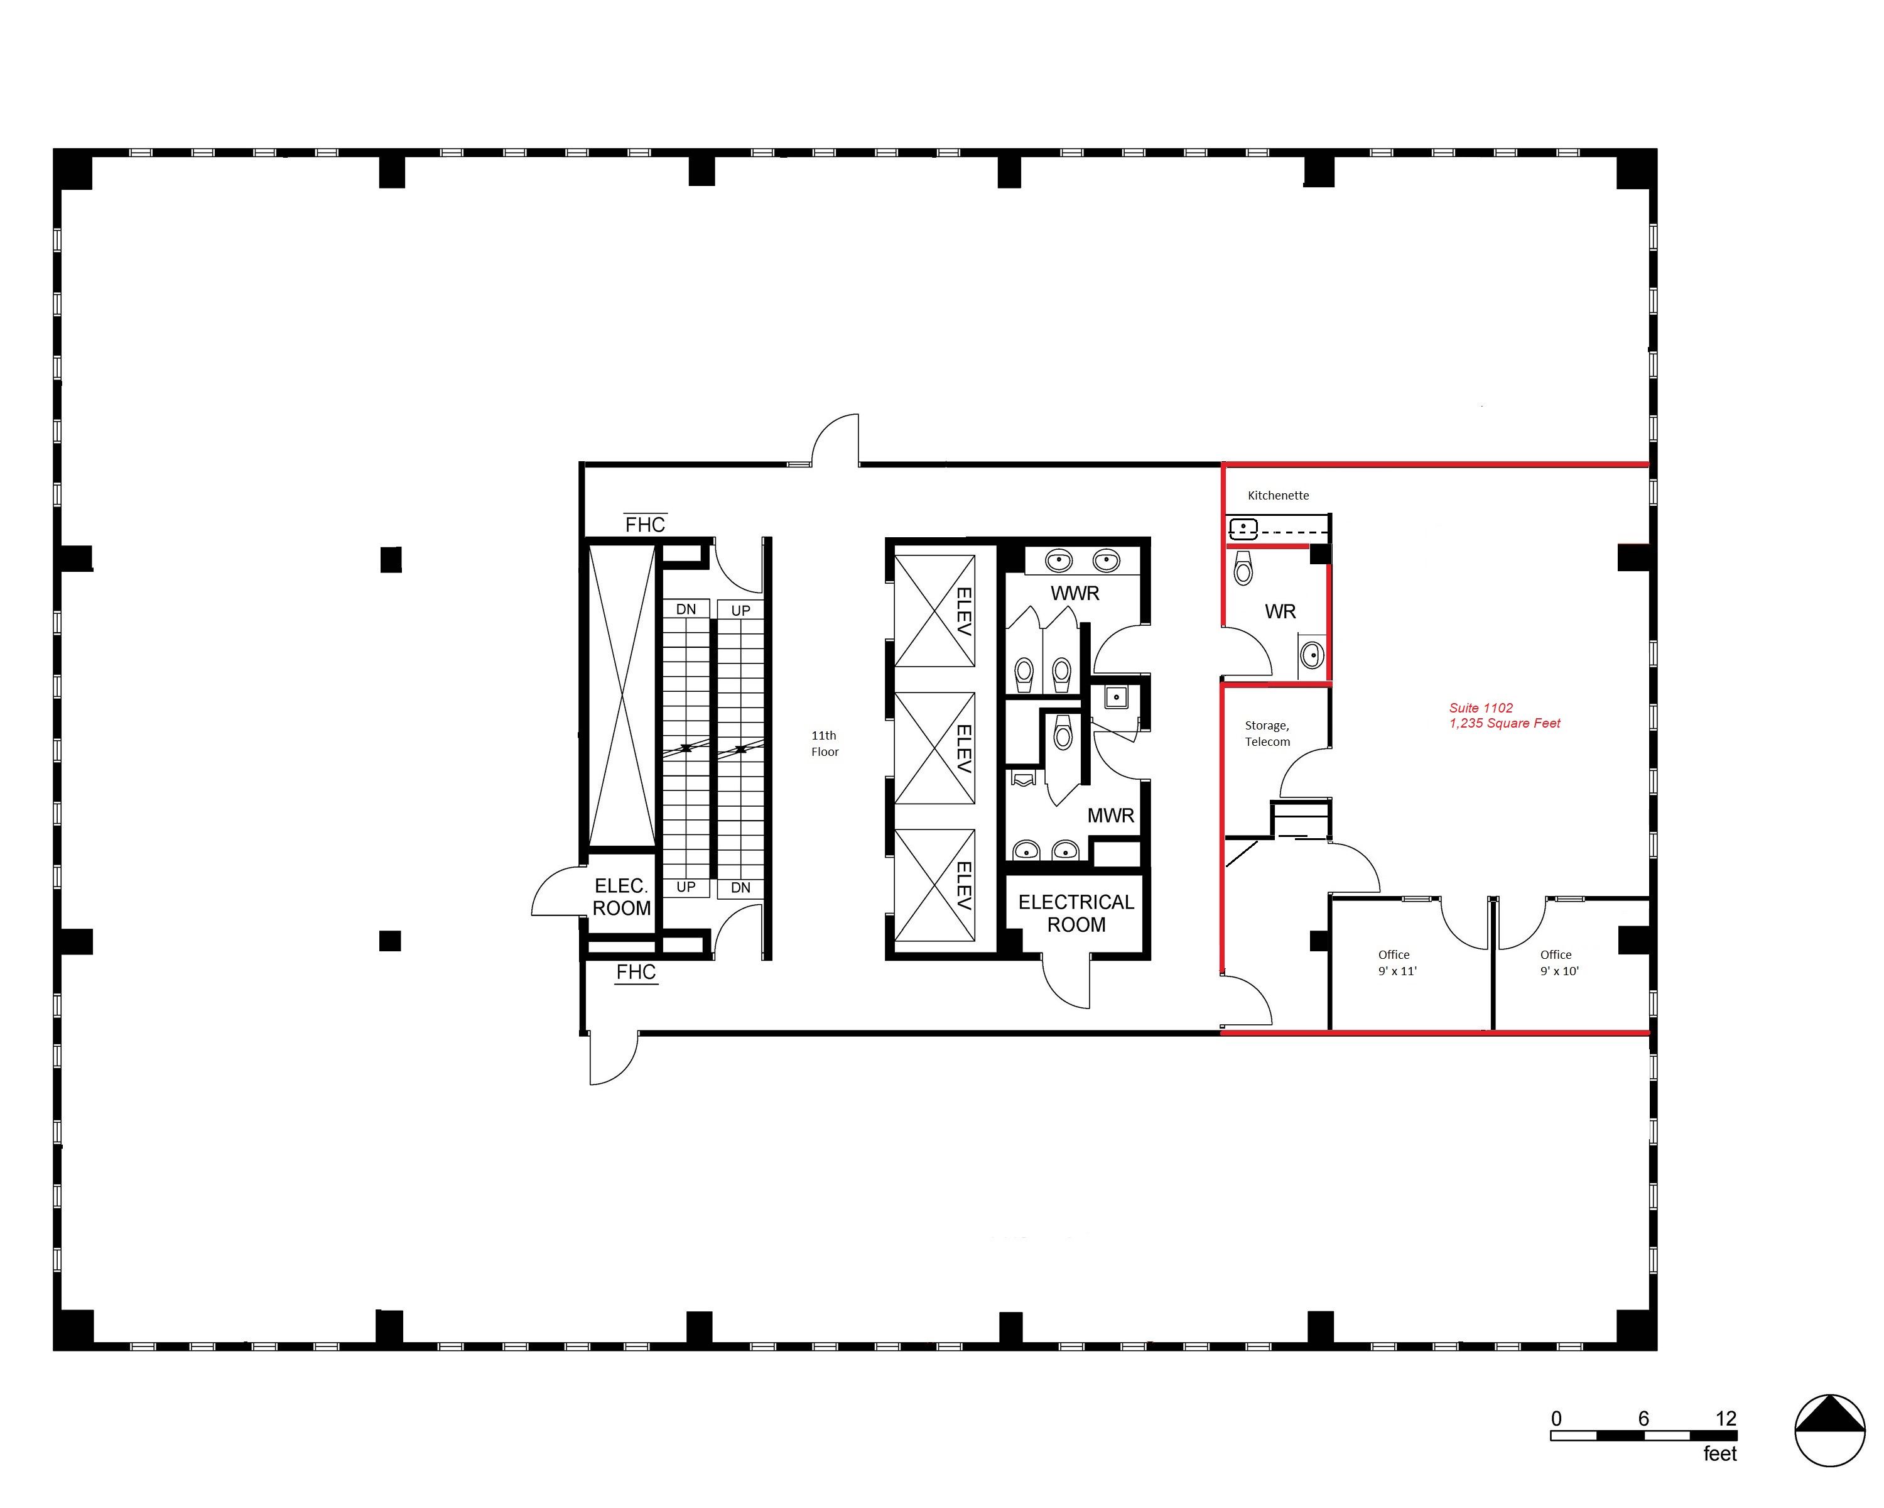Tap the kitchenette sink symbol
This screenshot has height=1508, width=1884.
(x=1243, y=528)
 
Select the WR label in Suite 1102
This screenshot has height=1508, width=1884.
(x=1280, y=612)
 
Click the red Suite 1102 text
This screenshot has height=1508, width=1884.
(x=1481, y=708)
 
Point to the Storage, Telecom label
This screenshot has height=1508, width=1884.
(x=1267, y=733)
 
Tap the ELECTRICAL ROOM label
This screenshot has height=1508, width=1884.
(x=1076, y=914)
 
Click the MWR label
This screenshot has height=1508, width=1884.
(x=1111, y=816)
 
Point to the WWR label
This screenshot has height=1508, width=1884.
(x=1075, y=594)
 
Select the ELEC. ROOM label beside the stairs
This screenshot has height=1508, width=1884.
(x=621, y=897)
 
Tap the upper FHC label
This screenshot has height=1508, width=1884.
(x=645, y=525)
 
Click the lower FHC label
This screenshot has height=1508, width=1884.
(x=636, y=972)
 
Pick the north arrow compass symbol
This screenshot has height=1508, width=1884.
(x=1830, y=1431)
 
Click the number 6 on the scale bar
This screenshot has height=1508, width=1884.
(x=1643, y=1419)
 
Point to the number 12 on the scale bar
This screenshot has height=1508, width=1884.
(x=1726, y=1419)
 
